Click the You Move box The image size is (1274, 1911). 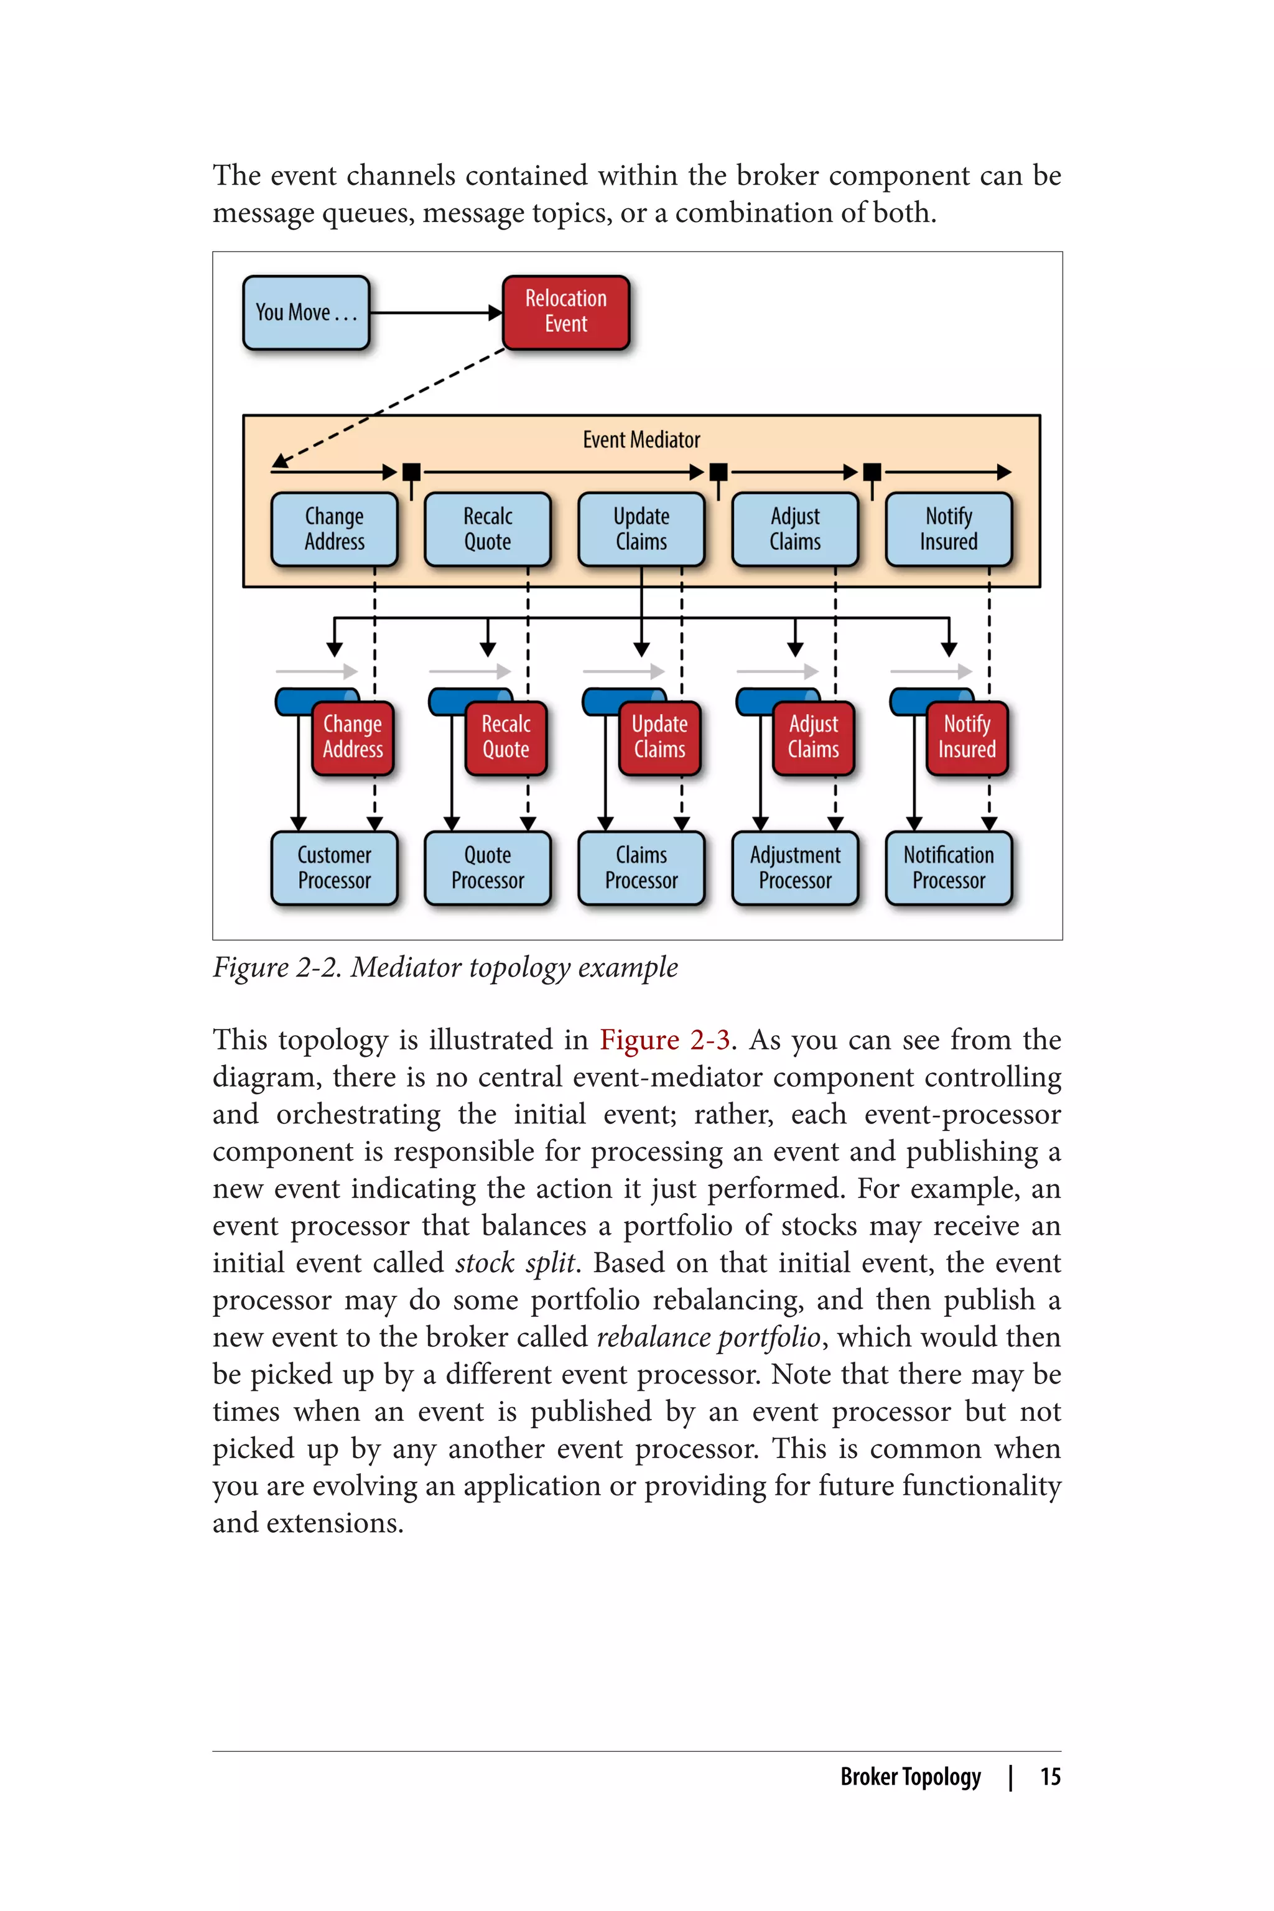306,313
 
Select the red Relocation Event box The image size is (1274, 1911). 565,312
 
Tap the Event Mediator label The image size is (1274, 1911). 641,440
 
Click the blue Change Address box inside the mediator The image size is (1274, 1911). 334,529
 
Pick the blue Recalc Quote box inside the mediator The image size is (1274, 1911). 488,529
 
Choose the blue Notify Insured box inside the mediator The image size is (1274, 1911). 948,529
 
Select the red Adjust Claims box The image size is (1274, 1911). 812,737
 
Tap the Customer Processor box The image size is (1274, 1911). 334,868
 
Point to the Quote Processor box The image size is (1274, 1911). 488,868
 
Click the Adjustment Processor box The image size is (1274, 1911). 794,868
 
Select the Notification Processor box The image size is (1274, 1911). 948,868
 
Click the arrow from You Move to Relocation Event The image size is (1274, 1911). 435,313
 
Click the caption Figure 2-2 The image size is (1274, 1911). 444,968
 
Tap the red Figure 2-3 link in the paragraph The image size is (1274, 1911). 664,1040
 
